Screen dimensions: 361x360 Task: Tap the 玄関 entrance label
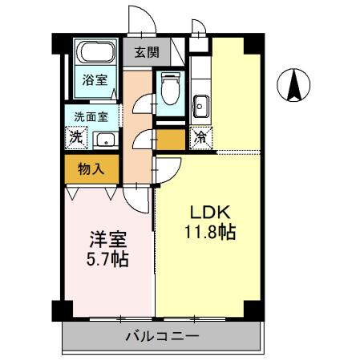click(x=146, y=54)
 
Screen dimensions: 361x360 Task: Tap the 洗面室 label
click(x=91, y=116)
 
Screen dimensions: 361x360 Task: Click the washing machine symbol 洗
click(x=75, y=136)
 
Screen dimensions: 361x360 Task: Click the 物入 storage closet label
click(x=91, y=168)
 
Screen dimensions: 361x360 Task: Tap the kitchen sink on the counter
click(x=200, y=103)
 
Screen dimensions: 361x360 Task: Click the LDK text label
click(x=209, y=213)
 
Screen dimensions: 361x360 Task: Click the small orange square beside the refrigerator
click(x=170, y=140)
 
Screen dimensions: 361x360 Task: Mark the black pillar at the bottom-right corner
click(x=253, y=309)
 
